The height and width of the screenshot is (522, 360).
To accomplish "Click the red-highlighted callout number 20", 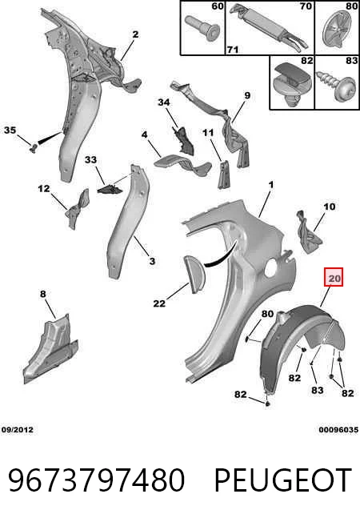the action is [334, 277].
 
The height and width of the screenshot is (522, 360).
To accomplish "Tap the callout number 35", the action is [10, 130].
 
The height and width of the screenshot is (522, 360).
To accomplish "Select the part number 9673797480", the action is [96, 480].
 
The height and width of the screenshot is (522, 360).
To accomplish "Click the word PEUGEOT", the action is [283, 480].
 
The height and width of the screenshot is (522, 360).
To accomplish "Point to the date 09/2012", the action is [18, 430].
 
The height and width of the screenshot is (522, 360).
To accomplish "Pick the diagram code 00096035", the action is [338, 430].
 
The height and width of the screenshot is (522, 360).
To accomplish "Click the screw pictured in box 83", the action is [335, 86].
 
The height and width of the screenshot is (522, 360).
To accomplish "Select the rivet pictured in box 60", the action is [202, 28].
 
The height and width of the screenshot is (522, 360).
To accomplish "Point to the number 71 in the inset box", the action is [233, 50].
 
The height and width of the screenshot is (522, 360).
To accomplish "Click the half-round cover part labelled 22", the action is [194, 274].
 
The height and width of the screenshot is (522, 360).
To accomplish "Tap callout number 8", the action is [43, 294].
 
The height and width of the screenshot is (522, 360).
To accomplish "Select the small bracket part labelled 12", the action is [78, 209].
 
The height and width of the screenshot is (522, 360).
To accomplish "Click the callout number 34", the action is [164, 102].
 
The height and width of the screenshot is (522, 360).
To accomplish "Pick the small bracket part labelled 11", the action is [224, 175].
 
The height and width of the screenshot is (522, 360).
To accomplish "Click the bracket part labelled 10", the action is [309, 231].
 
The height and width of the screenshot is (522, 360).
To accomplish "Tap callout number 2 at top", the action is [135, 34].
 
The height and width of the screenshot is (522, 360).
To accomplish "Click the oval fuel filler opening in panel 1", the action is [271, 267].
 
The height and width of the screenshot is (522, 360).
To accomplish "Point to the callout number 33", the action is [90, 160].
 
